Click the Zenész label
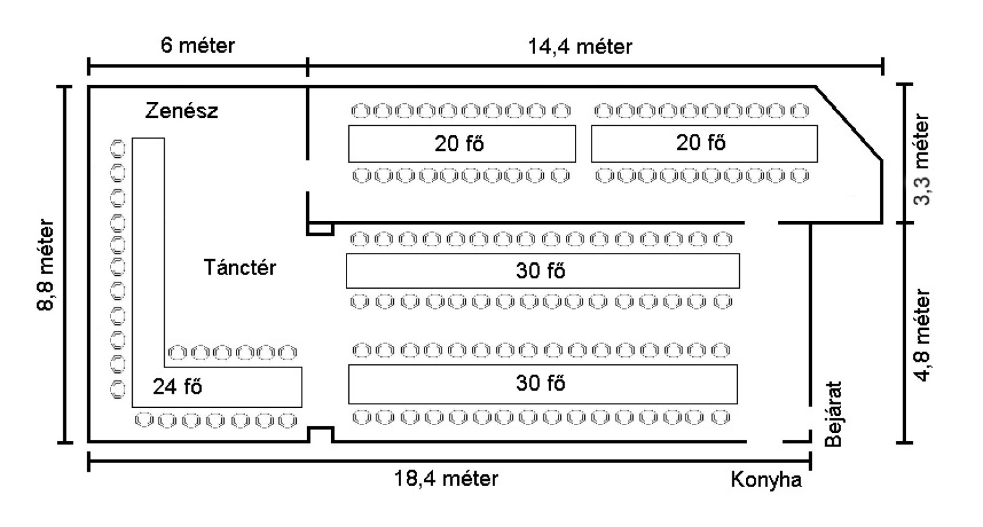pyautogui.click(x=181, y=111)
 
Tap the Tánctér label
pyautogui.click(x=240, y=268)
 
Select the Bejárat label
pyautogui.click(x=832, y=415)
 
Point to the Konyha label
pyautogui.click(x=766, y=480)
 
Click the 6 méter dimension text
pyautogui.click(x=197, y=45)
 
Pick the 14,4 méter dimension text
pyautogui.click(x=580, y=47)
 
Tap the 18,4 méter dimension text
pyautogui.click(x=446, y=478)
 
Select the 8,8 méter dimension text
pyautogui.click(x=47, y=265)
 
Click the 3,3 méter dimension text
pyautogui.click(x=922, y=159)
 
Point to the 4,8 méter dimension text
pyautogui.click(x=922, y=335)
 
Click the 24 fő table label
pyautogui.click(x=178, y=387)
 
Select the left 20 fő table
pyautogui.click(x=461, y=144)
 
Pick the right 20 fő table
pyautogui.click(x=703, y=143)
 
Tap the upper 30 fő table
pyautogui.click(x=542, y=271)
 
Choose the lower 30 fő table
pyautogui.click(x=542, y=384)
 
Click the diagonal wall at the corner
pyautogui.click(x=849, y=123)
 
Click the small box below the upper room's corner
pyautogui.click(x=320, y=229)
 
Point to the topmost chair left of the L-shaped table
pyautogui.click(x=117, y=149)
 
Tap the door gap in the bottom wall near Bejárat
pyautogui.click(x=765, y=441)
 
